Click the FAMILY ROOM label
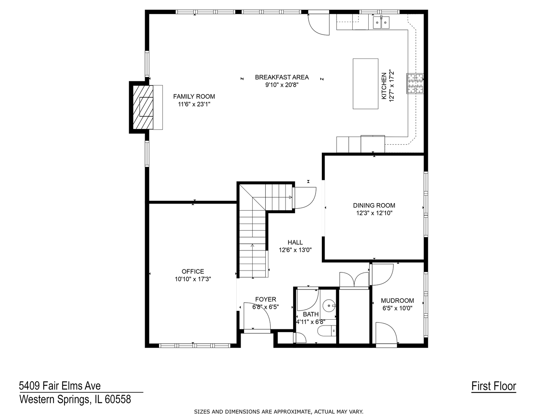[x=194, y=96]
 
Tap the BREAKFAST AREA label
[x=282, y=77]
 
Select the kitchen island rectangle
[x=365, y=84]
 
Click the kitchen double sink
[x=381, y=23]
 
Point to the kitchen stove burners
[x=415, y=83]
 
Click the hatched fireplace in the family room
[x=144, y=107]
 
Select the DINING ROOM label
[x=374, y=206]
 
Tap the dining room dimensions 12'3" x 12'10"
[x=374, y=213]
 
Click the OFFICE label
[x=193, y=271]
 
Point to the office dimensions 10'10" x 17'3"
[x=193, y=279]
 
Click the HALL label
[x=295, y=242]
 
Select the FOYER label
[x=265, y=299]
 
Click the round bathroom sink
[x=329, y=306]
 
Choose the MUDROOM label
[x=397, y=300]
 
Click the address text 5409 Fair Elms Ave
[x=60, y=385]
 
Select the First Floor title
[x=494, y=386]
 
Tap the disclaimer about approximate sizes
[x=278, y=412]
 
